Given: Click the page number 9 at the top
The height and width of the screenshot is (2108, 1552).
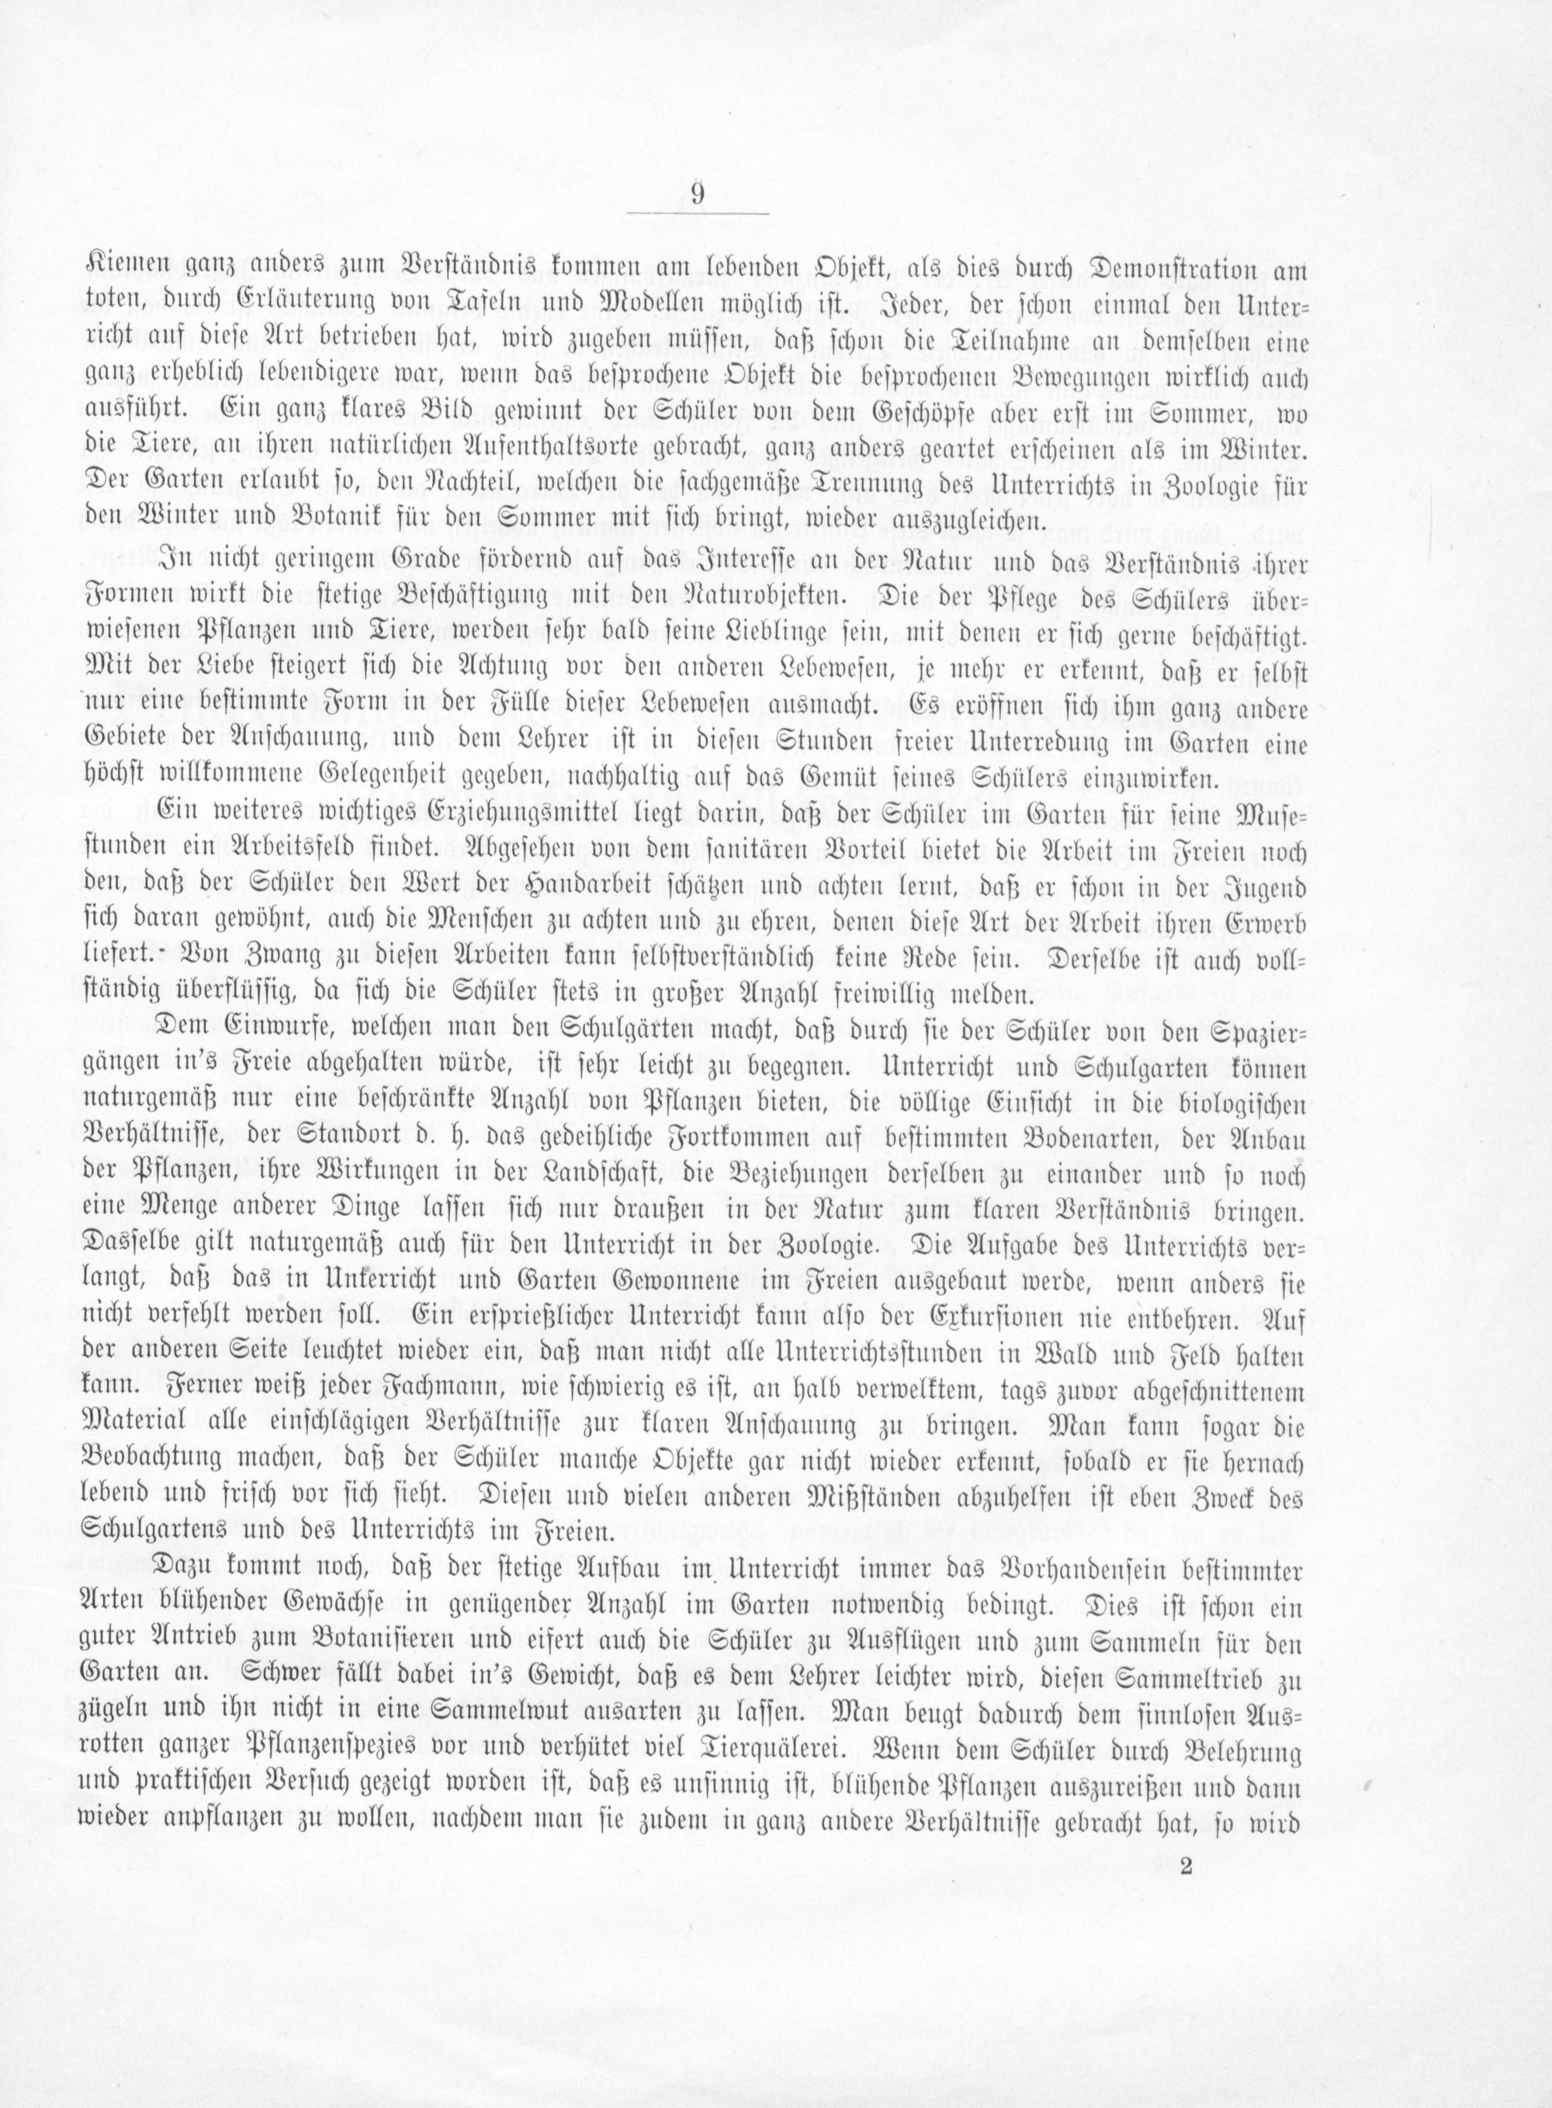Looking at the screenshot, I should [697, 195].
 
